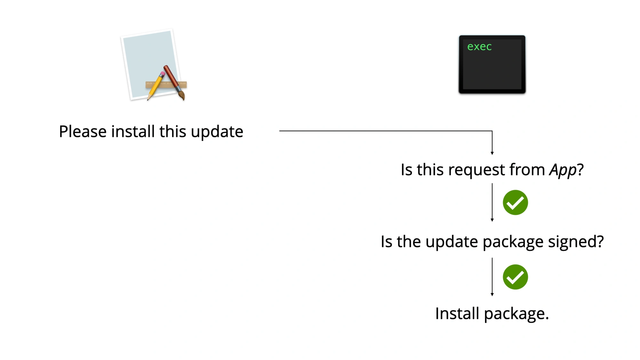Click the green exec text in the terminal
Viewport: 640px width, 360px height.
[x=479, y=47]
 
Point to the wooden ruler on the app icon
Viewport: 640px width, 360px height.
[x=166, y=84]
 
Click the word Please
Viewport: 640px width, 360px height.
[x=83, y=132]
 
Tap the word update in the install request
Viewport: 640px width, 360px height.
[x=217, y=132]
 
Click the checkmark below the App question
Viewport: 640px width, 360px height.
[x=515, y=202]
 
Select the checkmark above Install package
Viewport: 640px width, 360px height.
[x=515, y=277]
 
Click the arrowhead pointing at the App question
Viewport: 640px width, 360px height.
[x=492, y=153]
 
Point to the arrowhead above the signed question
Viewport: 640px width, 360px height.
[x=492, y=220]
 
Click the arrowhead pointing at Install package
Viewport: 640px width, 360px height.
[x=492, y=294]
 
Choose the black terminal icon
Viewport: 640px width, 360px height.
[x=492, y=64]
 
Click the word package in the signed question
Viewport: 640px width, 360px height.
[x=513, y=242]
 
